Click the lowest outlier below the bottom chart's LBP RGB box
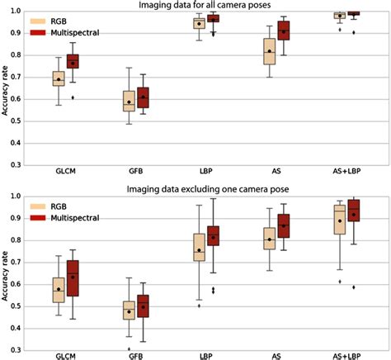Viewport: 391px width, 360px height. [x=198, y=306]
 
